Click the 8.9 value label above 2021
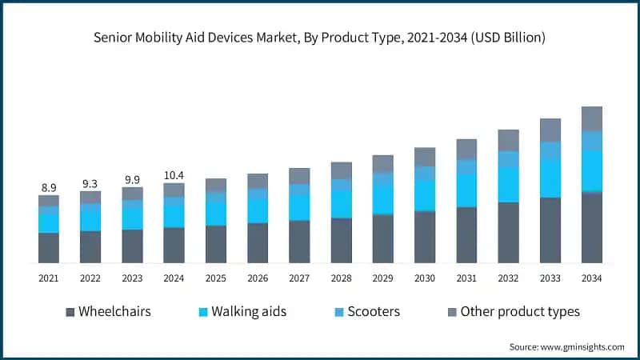point(49,188)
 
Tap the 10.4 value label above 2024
point(174,174)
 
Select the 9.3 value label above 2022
point(90,183)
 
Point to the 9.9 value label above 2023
point(132,179)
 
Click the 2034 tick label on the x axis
point(591,278)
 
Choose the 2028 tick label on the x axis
point(341,278)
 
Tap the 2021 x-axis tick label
point(49,278)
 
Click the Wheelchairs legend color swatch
point(70,311)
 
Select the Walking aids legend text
point(249,311)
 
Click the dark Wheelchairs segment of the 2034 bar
point(591,228)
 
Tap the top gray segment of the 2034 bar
point(591,118)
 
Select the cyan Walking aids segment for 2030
point(425,195)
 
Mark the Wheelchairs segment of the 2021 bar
point(49,248)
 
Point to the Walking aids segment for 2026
point(258,210)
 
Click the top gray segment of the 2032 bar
point(508,140)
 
